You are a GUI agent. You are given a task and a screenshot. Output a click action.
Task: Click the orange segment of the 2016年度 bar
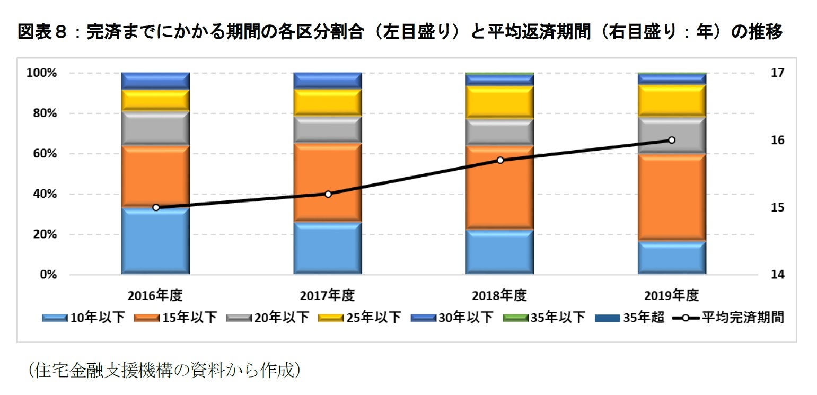pos(155,175)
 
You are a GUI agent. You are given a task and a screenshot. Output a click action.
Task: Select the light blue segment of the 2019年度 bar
pos(671,258)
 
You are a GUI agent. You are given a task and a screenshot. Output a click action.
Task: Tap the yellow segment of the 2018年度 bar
pos(499,102)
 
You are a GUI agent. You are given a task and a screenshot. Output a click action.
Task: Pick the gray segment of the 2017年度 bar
pos(328,129)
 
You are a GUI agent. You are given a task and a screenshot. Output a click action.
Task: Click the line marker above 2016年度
pos(156,207)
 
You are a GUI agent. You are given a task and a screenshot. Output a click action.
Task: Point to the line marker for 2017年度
pos(328,194)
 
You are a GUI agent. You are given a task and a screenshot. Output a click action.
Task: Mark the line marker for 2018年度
pos(499,160)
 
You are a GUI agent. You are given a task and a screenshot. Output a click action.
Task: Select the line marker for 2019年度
pos(671,140)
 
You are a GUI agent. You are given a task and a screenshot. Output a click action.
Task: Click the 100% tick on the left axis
pos(41,73)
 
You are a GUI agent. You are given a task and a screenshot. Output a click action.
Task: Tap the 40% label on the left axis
pos(43,194)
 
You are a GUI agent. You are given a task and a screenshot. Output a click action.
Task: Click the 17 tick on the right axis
pos(776,73)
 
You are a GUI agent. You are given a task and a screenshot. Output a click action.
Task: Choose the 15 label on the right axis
pos(776,207)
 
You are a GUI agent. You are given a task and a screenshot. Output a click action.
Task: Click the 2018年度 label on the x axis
pos(499,295)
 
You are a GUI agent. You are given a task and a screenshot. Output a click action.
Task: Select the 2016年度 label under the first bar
pos(155,295)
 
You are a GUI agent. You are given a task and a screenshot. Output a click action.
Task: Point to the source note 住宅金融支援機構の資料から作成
pos(164,370)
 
